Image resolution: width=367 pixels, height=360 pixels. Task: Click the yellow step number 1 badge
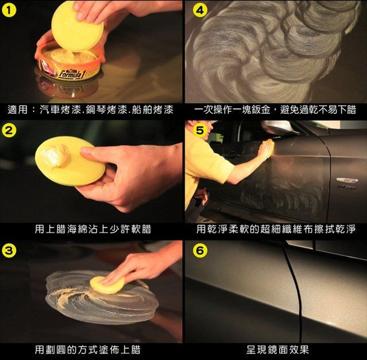coord(9,11)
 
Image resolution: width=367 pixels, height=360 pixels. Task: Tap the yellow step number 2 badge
coord(9,130)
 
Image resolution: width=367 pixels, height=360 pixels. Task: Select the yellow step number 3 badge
coord(9,251)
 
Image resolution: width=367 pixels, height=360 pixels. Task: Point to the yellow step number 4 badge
coord(200,10)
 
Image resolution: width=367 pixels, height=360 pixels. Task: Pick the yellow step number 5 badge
coord(200,130)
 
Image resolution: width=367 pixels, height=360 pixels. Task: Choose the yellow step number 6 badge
coord(200,251)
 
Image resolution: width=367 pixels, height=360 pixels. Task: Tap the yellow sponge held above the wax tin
coord(77,26)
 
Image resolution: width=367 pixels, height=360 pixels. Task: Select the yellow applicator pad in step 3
coord(108,284)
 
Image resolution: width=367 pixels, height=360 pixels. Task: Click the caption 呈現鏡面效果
coord(277,349)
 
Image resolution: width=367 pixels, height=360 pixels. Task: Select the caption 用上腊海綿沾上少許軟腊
coord(93,229)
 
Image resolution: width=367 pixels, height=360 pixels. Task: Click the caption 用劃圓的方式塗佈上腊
coord(88,349)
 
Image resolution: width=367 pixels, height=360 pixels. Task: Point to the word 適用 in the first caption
coord(18,109)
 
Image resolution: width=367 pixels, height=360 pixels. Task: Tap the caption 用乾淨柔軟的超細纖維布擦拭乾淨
coord(276,229)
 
